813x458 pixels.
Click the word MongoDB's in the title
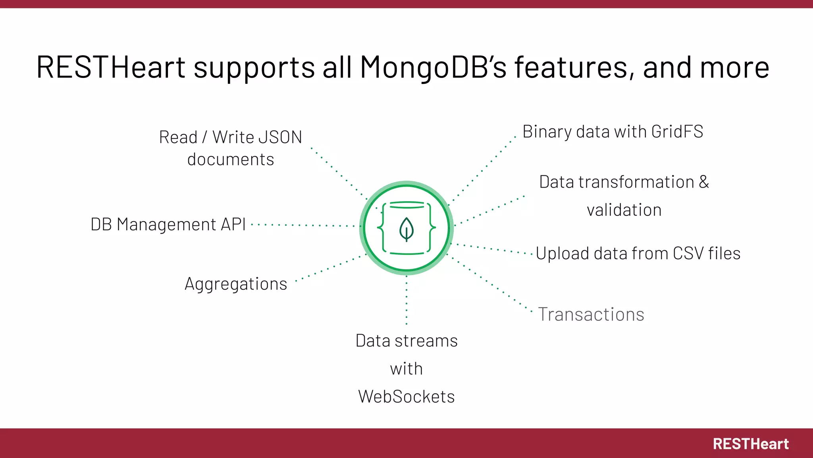point(433,67)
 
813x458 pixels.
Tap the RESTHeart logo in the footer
point(750,444)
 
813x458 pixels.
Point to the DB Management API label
point(168,224)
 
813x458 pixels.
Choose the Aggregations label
point(236,284)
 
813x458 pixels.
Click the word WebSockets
point(406,396)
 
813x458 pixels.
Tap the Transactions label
point(591,314)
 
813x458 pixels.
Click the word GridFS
point(677,132)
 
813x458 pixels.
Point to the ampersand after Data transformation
point(703,182)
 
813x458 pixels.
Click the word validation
point(624,210)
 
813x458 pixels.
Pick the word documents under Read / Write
point(231,159)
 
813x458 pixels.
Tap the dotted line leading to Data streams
point(406,300)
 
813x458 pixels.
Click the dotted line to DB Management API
point(304,225)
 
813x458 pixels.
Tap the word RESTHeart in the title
point(111,67)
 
